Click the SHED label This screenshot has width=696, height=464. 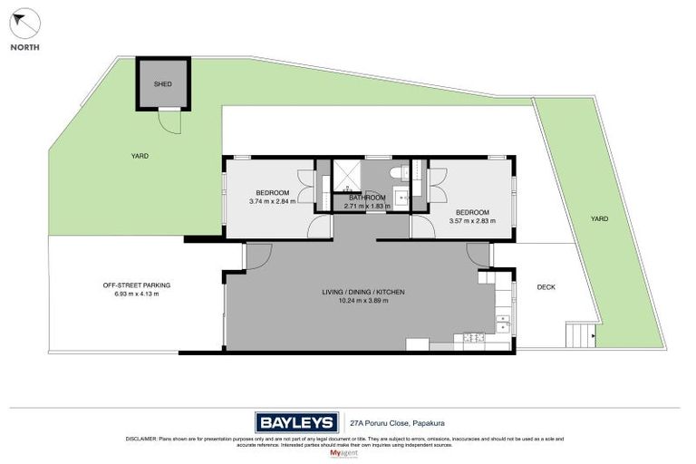pos(163,83)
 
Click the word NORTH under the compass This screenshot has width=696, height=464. pos(24,47)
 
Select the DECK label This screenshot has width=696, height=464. pos(546,287)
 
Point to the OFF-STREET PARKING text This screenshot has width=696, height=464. pos(136,285)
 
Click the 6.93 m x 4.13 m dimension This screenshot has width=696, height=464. pos(136,295)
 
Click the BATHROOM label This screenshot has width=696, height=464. pos(367,198)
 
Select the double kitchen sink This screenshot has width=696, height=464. pos(502,322)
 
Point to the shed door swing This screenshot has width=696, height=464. pos(166,120)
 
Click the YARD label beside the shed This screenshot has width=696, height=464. pos(138,156)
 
